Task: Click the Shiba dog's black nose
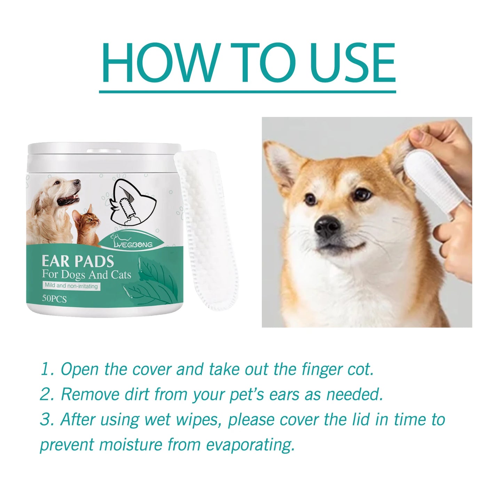[x=327, y=226]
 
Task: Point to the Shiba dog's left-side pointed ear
[x=282, y=164]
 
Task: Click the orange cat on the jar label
[x=87, y=225]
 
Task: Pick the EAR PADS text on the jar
[x=78, y=261]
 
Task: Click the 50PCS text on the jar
[x=54, y=299]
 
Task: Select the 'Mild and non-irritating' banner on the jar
[x=71, y=286]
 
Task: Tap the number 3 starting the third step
[x=46, y=419]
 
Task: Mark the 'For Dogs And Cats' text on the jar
[x=86, y=274]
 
